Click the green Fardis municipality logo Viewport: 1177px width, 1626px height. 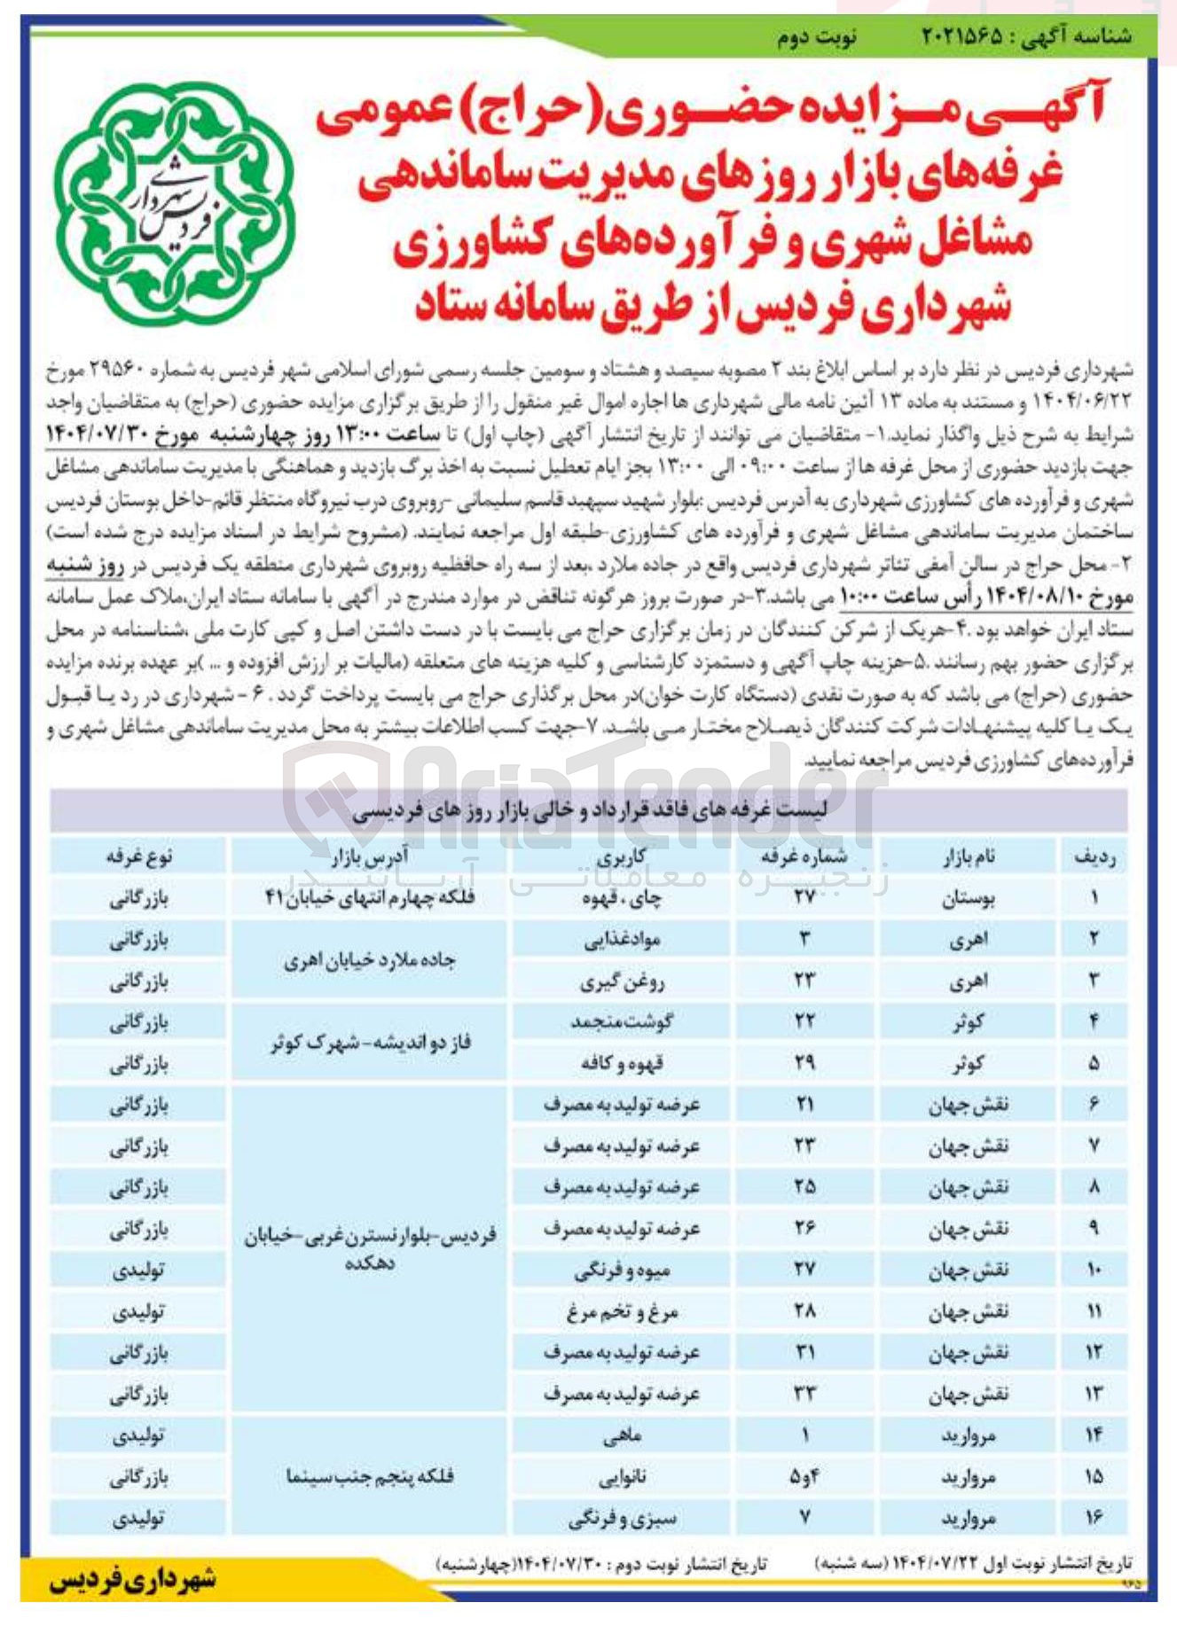tap(173, 204)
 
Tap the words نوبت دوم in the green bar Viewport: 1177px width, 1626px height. tap(816, 38)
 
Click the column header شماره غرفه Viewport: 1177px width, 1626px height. tap(804, 856)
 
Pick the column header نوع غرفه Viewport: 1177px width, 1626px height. tap(138, 856)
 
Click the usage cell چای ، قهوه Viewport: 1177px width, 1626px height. tap(622, 898)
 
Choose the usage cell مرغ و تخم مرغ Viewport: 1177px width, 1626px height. tap(622, 1311)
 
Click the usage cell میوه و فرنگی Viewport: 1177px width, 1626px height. tap(622, 1270)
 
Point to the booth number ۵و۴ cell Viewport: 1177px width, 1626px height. tap(804, 1477)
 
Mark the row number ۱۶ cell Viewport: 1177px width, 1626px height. tap(1094, 1518)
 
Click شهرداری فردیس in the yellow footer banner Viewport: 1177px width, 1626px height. tap(133, 1579)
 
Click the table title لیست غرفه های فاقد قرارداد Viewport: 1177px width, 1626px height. tap(589, 810)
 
